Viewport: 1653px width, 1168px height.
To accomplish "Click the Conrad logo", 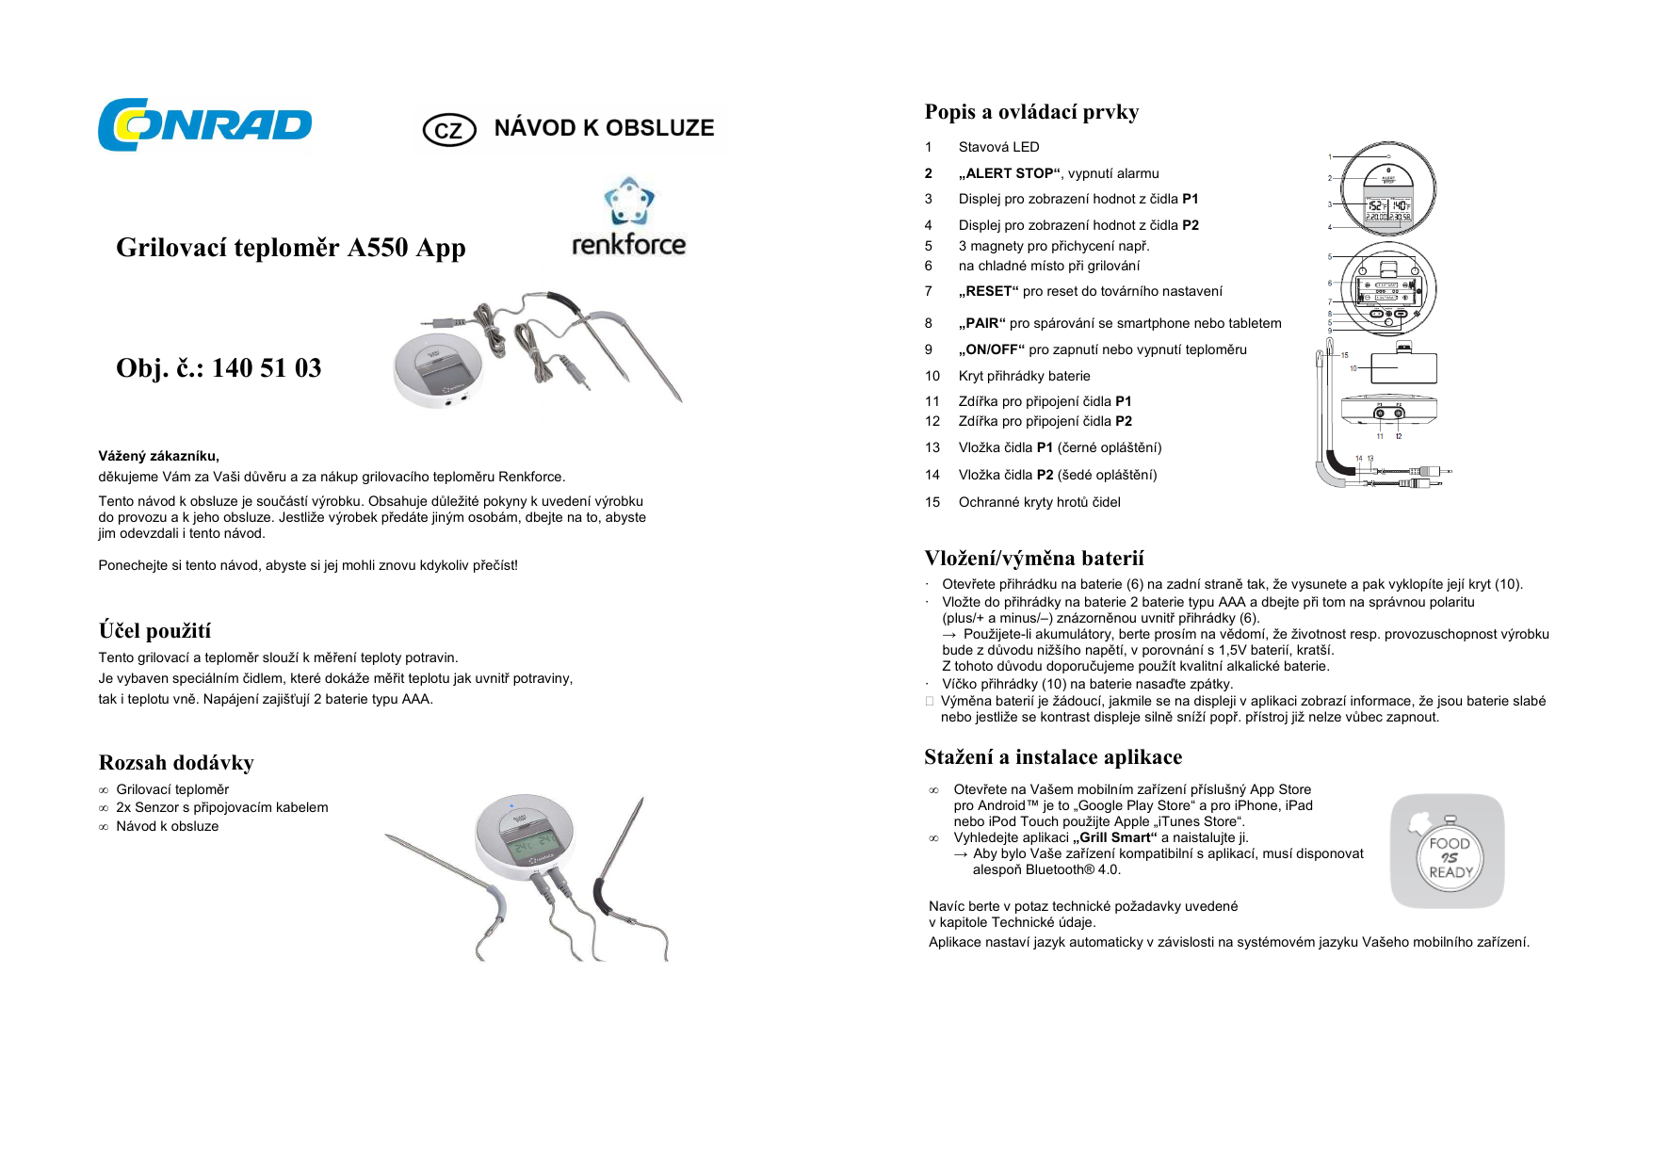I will point(204,124).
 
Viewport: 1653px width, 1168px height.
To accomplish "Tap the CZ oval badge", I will point(448,129).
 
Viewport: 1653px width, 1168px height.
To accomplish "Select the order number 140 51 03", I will point(267,367).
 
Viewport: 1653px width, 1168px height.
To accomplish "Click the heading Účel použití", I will point(154,630).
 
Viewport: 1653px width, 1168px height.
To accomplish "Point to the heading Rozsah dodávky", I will point(176,762).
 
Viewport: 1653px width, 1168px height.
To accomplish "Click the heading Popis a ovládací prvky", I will point(1031,112).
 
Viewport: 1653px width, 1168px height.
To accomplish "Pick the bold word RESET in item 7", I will point(989,291).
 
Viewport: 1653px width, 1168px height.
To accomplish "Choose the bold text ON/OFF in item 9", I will point(992,349).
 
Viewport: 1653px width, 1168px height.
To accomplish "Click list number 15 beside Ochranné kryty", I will point(932,502).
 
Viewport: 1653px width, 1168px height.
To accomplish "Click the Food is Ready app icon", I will point(1447,852).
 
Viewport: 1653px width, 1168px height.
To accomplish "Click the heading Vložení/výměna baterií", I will point(1034,558).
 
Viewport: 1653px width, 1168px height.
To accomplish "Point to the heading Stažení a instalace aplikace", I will point(1053,757).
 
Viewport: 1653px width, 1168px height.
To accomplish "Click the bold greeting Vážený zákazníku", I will point(158,456).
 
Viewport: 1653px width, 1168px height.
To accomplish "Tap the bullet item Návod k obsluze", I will point(168,826).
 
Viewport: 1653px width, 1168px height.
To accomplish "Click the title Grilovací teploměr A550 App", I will point(291,247).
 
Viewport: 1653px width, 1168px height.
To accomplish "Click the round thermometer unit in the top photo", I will point(439,369).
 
